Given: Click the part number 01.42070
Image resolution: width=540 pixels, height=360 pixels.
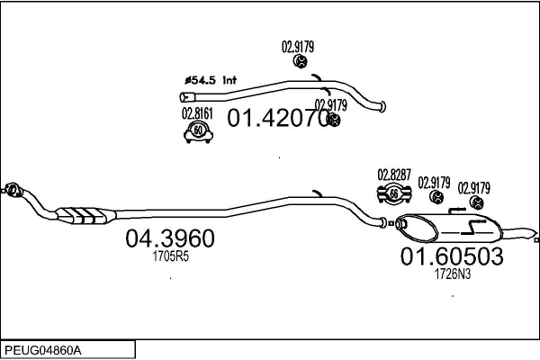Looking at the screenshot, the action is (x=279, y=118).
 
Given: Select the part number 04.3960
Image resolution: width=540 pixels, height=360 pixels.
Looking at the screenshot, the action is (x=170, y=238).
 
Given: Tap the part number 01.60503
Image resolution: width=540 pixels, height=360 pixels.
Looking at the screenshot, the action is (x=451, y=256).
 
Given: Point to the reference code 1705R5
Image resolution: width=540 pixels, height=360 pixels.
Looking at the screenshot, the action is (x=170, y=256).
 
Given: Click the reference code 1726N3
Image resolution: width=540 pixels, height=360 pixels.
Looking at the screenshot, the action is (x=453, y=274).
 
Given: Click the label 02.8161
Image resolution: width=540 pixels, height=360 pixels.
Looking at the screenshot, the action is (x=196, y=113).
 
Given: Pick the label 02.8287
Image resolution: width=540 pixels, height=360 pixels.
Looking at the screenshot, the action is (x=394, y=175).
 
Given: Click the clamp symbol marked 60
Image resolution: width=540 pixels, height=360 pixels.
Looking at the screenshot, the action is (x=196, y=131).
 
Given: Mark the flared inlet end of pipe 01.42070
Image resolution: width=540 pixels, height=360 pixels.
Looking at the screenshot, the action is (x=188, y=96).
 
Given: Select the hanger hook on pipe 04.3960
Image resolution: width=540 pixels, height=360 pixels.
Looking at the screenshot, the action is (x=316, y=193).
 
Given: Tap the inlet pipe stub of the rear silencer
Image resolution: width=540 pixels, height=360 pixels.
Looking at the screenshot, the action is (x=389, y=221).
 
